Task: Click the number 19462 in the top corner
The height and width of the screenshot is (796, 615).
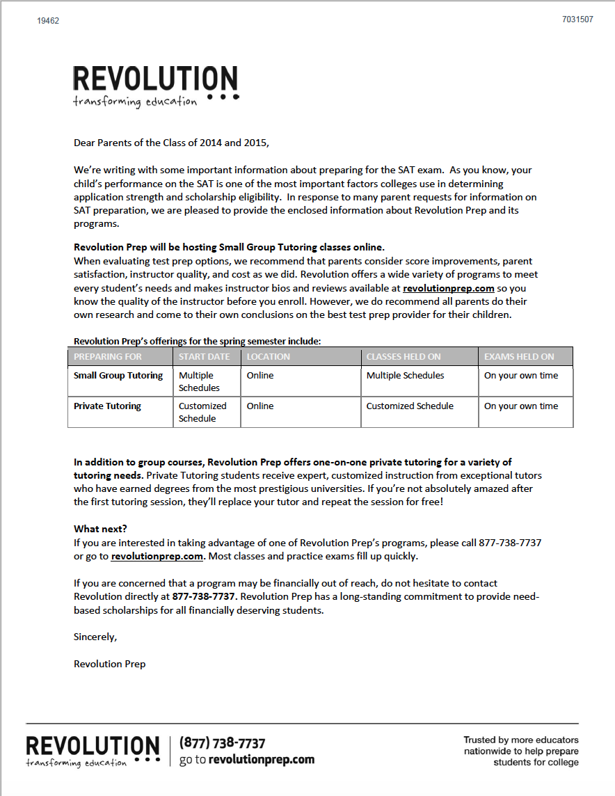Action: pyautogui.click(x=48, y=21)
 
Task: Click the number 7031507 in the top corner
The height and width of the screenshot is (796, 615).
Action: pyautogui.click(x=577, y=19)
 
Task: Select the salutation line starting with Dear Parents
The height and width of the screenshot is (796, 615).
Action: pyautogui.click(x=170, y=143)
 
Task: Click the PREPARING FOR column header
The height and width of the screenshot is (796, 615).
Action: pyautogui.click(x=108, y=356)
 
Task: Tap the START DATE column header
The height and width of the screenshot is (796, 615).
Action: pyautogui.click(x=203, y=356)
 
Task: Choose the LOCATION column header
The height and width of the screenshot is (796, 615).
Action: pyautogui.click(x=268, y=356)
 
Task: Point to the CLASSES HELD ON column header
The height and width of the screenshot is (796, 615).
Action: pyautogui.click(x=404, y=356)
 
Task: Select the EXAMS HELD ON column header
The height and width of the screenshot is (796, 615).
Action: pyautogui.click(x=519, y=356)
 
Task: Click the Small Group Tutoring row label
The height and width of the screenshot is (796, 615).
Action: pyautogui.click(x=118, y=376)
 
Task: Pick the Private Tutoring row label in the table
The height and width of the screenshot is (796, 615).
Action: pyautogui.click(x=107, y=406)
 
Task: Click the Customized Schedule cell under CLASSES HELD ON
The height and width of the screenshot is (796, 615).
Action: pyautogui.click(x=410, y=406)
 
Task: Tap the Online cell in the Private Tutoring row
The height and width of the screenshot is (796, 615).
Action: pyautogui.click(x=260, y=406)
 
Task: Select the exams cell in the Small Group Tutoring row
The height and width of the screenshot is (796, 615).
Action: pyautogui.click(x=521, y=376)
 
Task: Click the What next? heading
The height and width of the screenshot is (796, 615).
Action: pyautogui.click(x=100, y=529)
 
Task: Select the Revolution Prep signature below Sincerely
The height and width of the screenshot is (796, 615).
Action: pyautogui.click(x=109, y=664)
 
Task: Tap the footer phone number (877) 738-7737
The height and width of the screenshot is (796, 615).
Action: pyautogui.click(x=222, y=743)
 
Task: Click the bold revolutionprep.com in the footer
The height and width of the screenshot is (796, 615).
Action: pyautogui.click(x=262, y=760)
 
